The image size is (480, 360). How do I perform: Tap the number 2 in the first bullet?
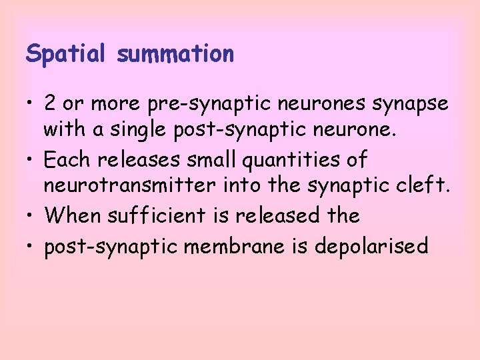tap(50, 103)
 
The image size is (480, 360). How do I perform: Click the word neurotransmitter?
tap(129, 188)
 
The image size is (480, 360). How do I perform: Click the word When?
tap(70, 216)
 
